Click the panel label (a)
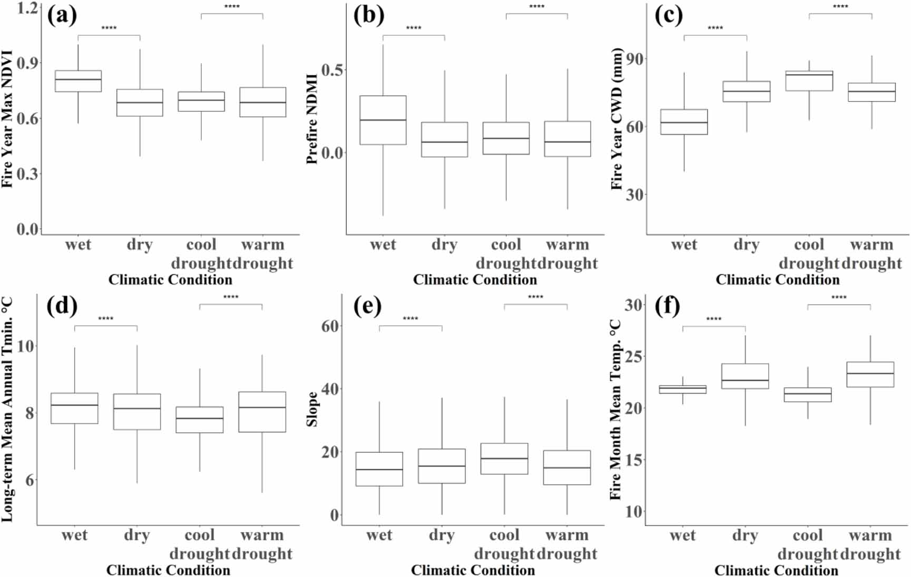click(x=62, y=15)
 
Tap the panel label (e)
click(x=367, y=306)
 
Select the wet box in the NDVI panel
click(x=78, y=81)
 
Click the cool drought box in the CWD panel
click(x=809, y=81)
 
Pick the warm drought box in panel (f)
click(x=870, y=374)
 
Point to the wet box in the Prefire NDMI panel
click(x=383, y=120)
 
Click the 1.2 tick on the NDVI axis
click(x=27, y=8)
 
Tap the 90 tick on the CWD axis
click(x=635, y=59)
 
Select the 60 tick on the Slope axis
click(x=330, y=326)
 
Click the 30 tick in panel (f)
click(x=634, y=305)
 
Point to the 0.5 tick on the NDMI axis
click(x=332, y=70)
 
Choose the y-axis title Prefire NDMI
click(x=312, y=119)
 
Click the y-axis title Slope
click(x=312, y=409)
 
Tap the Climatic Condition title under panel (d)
click(x=168, y=570)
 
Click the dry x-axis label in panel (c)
click(x=746, y=245)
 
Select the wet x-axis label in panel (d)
click(x=74, y=535)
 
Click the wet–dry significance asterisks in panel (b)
click(x=414, y=28)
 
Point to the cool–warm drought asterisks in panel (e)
click(x=535, y=297)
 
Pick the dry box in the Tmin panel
click(x=137, y=412)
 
